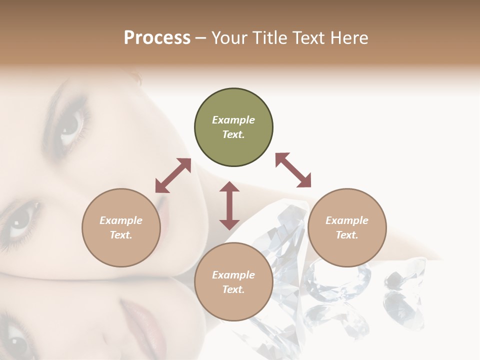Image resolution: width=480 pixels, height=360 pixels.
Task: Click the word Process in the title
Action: (x=157, y=37)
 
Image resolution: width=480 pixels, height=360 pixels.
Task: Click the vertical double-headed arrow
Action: (x=229, y=205)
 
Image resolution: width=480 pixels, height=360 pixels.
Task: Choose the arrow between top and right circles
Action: (x=293, y=170)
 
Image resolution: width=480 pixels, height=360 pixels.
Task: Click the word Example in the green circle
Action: (x=233, y=120)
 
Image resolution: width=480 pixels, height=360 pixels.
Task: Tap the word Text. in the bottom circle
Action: (x=233, y=289)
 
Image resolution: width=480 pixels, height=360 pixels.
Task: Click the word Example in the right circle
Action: (x=347, y=220)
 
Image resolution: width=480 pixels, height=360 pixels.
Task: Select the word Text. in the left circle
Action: (x=121, y=235)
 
